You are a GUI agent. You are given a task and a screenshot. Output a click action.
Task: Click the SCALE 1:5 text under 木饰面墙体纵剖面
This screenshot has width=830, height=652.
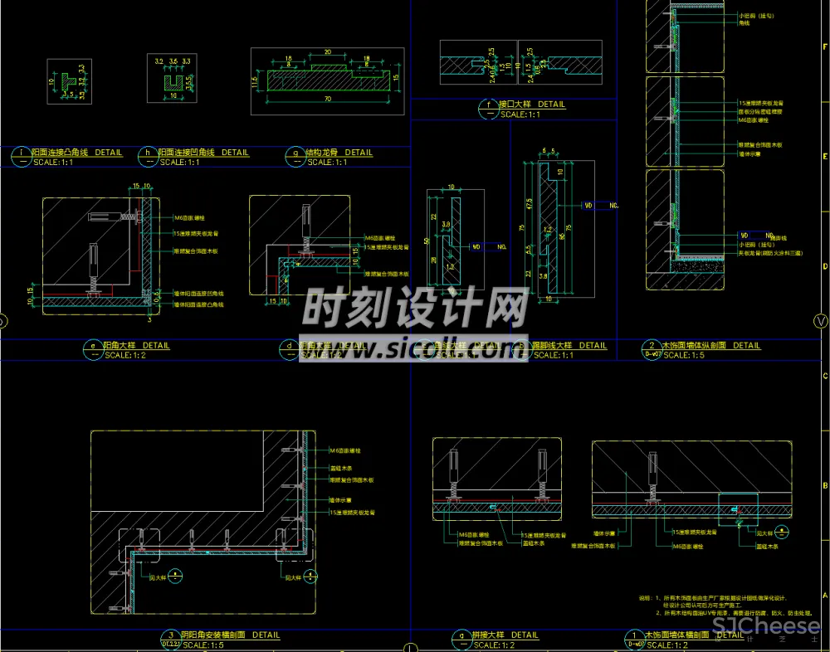click(x=686, y=355)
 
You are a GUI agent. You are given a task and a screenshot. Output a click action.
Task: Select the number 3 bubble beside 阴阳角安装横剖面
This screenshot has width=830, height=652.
click(x=171, y=636)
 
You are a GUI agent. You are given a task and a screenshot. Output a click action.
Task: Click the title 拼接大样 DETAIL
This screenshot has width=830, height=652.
click(x=507, y=635)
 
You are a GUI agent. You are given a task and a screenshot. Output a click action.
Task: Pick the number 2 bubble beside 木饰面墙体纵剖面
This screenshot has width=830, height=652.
click(x=652, y=346)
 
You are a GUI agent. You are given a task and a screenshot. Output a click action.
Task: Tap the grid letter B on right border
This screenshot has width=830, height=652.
click(x=824, y=486)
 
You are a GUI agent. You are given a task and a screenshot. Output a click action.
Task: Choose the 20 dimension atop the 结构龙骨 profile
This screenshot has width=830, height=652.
click(x=327, y=52)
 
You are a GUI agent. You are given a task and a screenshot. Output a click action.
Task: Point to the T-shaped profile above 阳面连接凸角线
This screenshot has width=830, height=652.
click(x=65, y=81)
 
